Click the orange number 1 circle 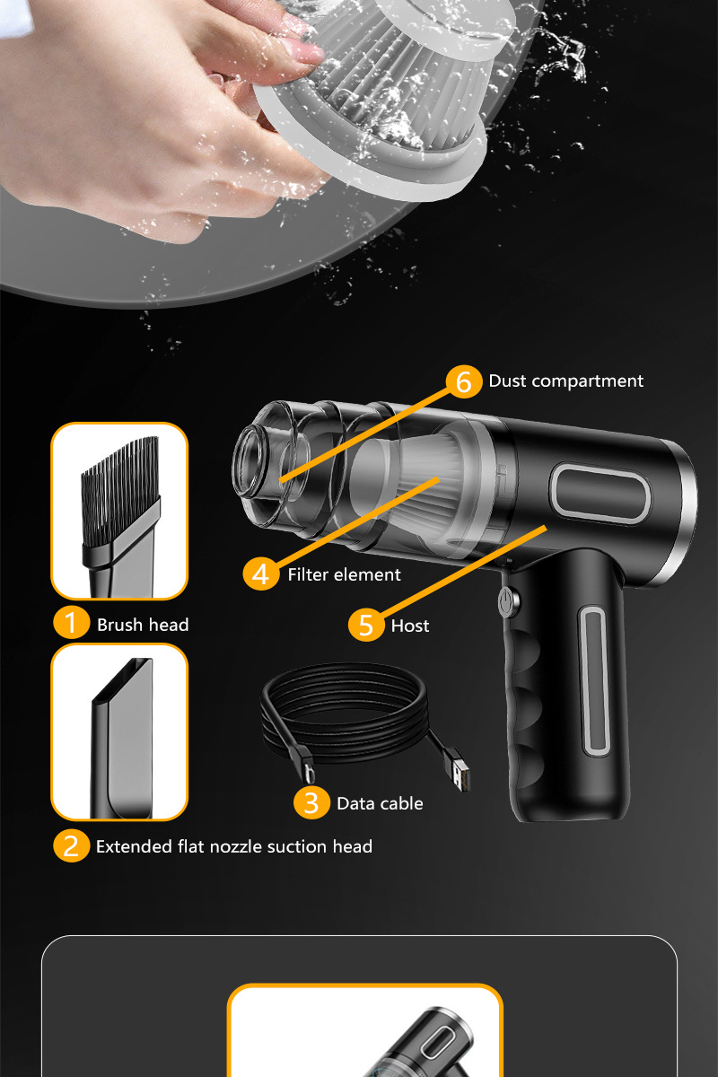point(71,623)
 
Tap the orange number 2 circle point(71,845)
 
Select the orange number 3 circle point(311,802)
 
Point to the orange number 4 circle point(260,574)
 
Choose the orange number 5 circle point(366,624)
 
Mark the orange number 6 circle point(464,381)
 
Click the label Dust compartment point(565,381)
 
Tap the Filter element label point(344,574)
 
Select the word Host point(410,626)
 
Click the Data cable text point(380,803)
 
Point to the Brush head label point(143,625)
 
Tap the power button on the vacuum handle point(509,601)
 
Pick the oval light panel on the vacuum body point(600,494)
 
